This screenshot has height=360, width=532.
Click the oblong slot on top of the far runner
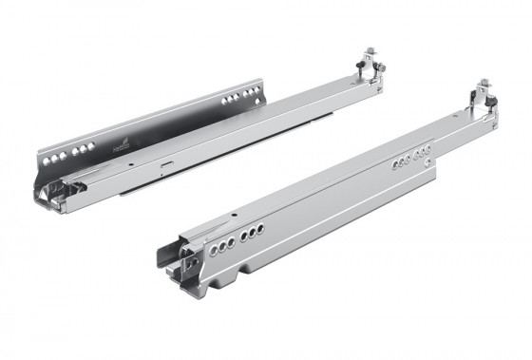tap(165, 162)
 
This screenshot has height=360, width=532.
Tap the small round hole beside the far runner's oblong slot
tap(131, 162)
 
